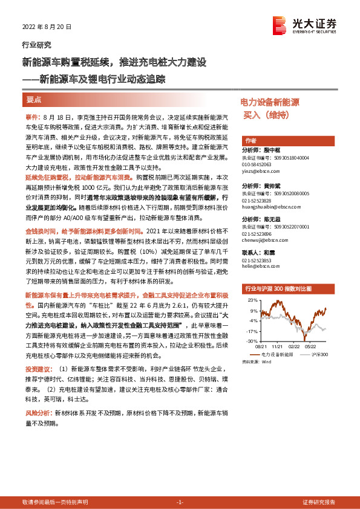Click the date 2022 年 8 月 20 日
click(47, 27)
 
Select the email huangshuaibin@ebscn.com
click(269, 207)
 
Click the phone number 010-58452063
click(257, 164)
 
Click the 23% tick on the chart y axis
click(252, 299)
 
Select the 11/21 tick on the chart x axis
click(278, 346)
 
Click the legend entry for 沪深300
click(318, 355)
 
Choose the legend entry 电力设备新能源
click(278, 355)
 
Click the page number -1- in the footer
click(180, 502)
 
